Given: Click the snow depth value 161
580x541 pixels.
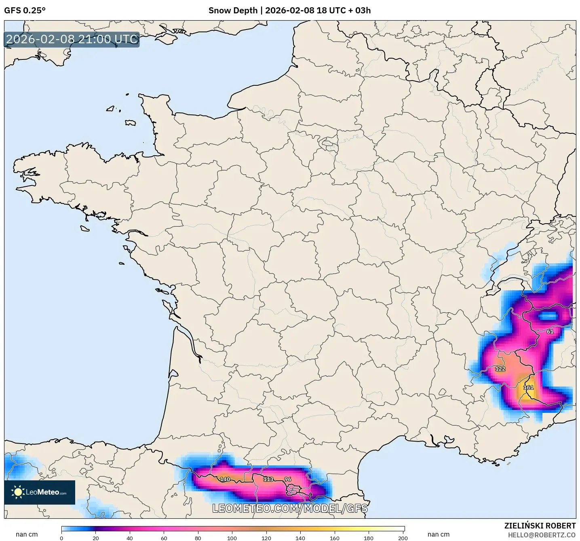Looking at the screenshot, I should (528, 387).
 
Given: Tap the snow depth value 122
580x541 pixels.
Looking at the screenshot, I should (500, 369).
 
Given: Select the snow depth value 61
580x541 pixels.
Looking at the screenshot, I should (550, 332).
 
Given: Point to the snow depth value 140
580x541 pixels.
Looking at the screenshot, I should (225, 480).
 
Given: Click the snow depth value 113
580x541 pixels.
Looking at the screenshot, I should (268, 479).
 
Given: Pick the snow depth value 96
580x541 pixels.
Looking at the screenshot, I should (288, 480).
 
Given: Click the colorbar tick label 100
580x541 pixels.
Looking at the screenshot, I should (232, 538).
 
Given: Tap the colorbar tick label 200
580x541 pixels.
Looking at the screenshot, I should (403, 538).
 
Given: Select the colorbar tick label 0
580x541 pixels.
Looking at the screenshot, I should (61, 538).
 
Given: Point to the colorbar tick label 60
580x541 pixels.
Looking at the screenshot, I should (164, 538).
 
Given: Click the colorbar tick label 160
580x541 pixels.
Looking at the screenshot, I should (334, 538).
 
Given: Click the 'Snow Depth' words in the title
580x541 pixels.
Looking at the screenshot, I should (233, 11).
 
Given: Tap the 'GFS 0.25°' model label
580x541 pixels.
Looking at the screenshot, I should (25, 11).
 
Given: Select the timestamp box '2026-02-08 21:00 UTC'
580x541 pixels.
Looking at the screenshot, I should (72, 39).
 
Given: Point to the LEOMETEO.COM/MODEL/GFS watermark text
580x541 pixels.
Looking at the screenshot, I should (290, 508).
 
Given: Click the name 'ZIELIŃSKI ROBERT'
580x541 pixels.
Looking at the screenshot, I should (540, 526).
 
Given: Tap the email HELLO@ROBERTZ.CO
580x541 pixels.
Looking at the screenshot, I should (542, 535).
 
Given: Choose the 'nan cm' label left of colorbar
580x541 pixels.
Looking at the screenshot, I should (27, 535).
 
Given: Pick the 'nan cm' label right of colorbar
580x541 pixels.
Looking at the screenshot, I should (439, 535).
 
